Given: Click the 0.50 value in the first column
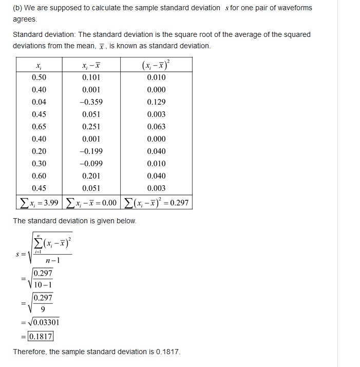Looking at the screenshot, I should point(39,78).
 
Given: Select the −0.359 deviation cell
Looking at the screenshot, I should point(91,102).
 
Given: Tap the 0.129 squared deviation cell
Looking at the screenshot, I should point(156,102).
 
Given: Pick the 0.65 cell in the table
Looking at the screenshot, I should point(39,127).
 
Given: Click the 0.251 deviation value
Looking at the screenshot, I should point(91,127).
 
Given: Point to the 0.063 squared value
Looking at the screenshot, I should point(156,127).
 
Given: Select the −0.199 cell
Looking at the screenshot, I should point(91,151).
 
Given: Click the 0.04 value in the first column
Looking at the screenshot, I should point(39,102).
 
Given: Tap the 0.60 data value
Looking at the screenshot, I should point(39,176).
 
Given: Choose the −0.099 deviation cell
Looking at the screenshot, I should point(91,164).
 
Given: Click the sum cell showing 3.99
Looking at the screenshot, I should point(39,203).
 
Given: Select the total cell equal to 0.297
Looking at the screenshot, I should point(156,203).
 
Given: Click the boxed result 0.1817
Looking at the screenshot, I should point(41,337).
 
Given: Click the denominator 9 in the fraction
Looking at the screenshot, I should point(43,309).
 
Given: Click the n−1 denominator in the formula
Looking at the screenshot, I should point(52,260).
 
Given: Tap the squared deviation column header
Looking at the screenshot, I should point(156,65).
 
